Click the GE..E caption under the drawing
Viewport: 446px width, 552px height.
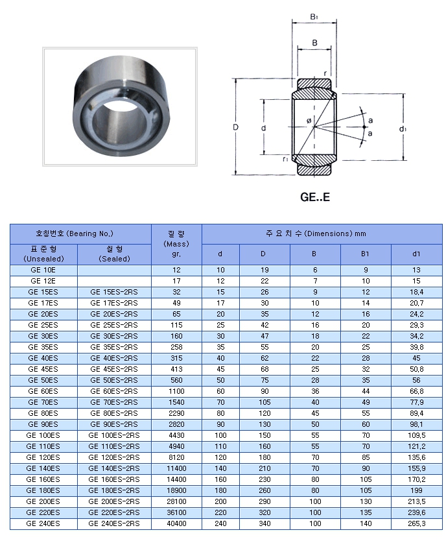(315, 197)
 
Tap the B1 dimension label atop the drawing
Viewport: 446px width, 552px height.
(314, 17)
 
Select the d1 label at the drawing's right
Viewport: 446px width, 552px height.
(403, 128)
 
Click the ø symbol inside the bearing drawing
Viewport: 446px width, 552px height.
(309, 121)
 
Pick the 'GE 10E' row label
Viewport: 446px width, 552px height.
(43, 269)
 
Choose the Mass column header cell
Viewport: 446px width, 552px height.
(176, 244)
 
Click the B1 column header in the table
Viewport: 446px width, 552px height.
(366, 254)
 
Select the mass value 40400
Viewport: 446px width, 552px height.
(176, 523)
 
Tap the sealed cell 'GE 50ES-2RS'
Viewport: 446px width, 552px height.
(114, 380)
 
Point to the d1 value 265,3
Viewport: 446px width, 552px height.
(416, 523)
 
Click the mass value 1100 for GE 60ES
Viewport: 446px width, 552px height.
(176, 391)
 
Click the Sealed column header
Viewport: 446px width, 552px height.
(114, 254)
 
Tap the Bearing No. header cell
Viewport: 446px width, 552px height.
(80, 234)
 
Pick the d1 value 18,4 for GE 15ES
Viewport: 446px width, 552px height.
(416, 292)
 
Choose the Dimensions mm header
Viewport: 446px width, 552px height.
(322, 234)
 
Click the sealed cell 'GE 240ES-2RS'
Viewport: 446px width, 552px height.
(114, 523)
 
